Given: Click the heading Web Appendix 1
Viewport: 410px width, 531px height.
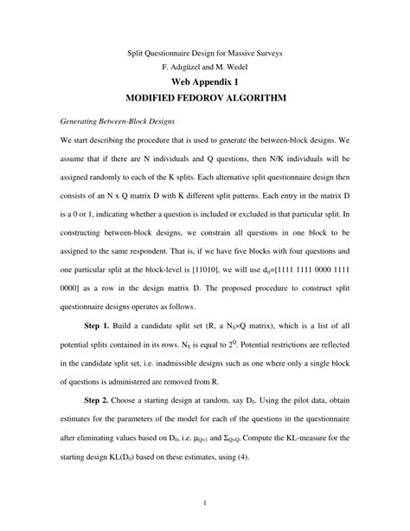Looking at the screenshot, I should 205,83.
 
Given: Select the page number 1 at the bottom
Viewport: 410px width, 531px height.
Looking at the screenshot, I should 204,502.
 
